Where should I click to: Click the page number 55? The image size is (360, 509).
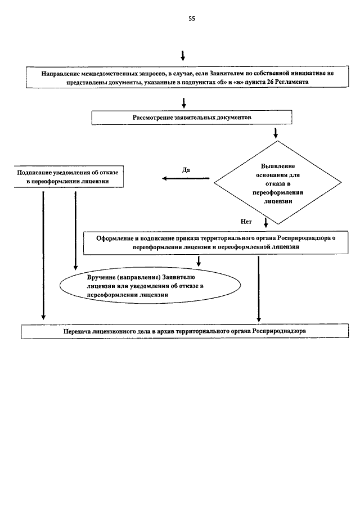(192, 19)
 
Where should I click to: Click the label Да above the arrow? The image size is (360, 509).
(186, 170)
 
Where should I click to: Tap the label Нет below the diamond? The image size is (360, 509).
(246, 222)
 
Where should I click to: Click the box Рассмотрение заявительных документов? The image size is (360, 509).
(191, 118)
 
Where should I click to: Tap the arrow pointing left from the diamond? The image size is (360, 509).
(186, 178)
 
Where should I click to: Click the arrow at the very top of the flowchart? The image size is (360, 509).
(183, 56)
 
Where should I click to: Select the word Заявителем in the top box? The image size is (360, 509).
(224, 73)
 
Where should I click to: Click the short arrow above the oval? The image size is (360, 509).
(199, 261)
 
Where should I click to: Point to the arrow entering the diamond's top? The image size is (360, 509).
(276, 133)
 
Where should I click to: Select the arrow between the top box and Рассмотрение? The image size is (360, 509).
(184, 103)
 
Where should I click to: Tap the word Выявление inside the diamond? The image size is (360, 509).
(278, 166)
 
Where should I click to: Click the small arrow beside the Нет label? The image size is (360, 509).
(266, 222)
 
